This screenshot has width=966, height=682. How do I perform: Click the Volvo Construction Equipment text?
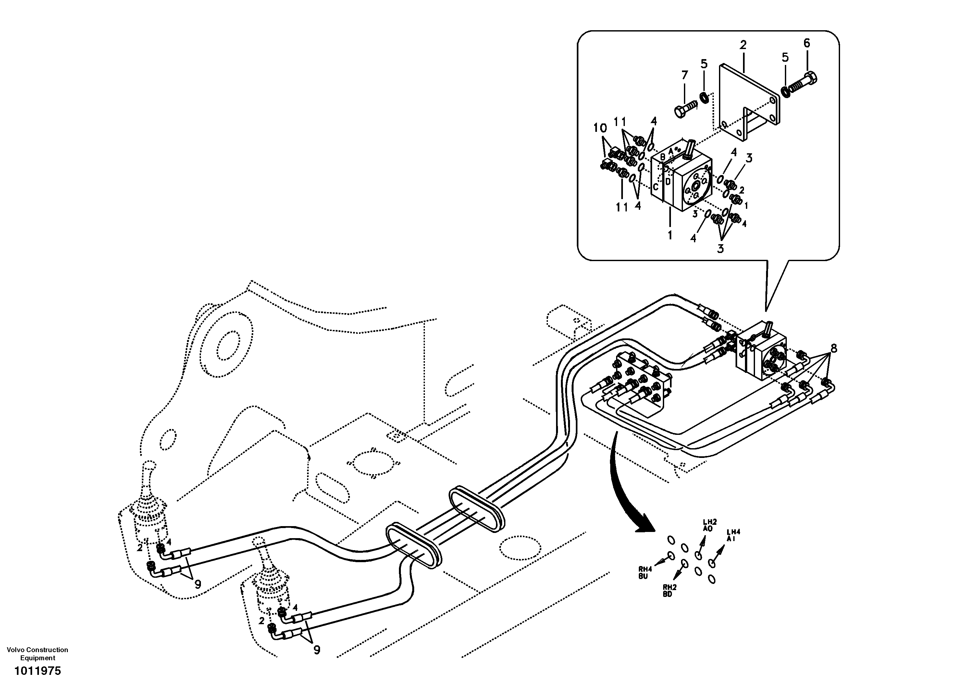point(37,653)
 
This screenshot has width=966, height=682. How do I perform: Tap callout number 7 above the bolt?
point(685,75)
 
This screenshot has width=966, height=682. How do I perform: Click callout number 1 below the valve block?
point(670,234)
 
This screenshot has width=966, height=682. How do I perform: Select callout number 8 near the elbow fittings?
point(834,348)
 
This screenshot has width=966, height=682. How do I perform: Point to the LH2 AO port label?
point(708,525)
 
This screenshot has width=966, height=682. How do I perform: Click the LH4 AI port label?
point(733,535)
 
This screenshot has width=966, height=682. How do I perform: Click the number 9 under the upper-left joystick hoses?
point(197,584)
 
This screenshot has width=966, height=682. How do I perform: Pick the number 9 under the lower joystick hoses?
point(316,650)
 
